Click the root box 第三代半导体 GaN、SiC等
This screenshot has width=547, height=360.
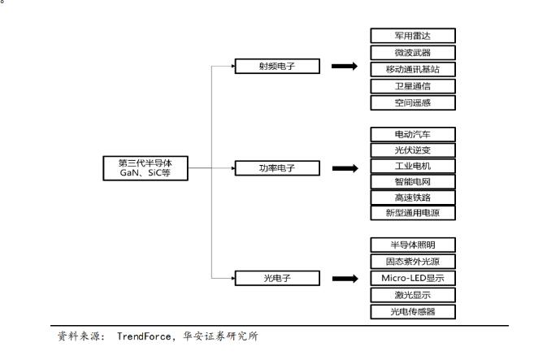coord(145,168)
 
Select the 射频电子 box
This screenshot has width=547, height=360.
coord(277,66)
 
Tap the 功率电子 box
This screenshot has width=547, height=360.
coord(277,168)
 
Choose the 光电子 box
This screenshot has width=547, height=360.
coord(277,278)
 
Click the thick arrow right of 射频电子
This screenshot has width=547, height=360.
coord(345,66)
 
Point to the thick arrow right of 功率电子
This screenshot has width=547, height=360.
coord(345,168)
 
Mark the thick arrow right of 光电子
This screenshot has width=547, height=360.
coord(345,279)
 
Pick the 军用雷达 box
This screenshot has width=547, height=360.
coord(413,36)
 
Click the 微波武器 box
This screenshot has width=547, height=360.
coord(413,53)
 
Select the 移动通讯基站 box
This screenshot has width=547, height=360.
coord(413,69)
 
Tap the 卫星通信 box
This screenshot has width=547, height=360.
coord(413,86)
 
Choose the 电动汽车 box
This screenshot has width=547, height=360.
coord(413,134)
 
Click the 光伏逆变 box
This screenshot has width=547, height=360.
coord(413,150)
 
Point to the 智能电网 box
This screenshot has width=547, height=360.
coord(413,182)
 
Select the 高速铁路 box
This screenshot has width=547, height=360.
coord(413,197)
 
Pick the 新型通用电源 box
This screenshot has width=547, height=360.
coord(413,213)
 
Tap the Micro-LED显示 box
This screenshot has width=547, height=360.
coord(413,278)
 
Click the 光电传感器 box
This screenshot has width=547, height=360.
coord(413,311)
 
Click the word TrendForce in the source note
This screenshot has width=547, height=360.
coord(143,336)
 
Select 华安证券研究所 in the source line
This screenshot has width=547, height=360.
coord(221,336)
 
